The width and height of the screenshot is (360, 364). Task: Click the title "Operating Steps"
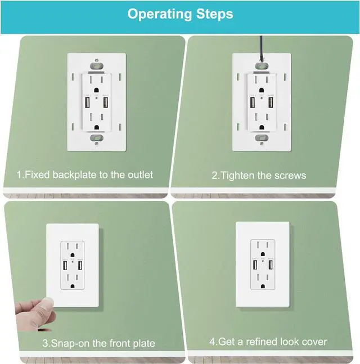click(180, 14)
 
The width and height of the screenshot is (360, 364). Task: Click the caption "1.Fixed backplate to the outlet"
click(84, 175)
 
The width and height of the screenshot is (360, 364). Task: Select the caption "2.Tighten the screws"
click(259, 176)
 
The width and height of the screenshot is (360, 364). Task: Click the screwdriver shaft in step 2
click(260, 48)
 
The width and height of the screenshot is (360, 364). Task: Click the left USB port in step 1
click(87, 103)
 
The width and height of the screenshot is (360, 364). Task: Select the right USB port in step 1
click(105, 103)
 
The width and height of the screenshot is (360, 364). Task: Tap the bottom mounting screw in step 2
click(260, 138)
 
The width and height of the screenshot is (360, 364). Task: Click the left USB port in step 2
click(253, 103)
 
